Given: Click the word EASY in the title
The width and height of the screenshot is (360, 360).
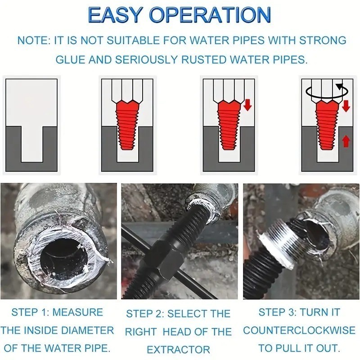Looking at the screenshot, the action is click(114, 15).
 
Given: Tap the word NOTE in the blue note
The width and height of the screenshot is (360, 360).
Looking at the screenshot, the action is click(32, 40).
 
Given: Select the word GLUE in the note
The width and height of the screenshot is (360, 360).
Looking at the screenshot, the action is click(70, 60).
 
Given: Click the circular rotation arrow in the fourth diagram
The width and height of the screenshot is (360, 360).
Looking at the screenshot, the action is click(327, 92).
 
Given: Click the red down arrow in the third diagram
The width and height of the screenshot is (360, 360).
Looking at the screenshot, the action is click(248, 105).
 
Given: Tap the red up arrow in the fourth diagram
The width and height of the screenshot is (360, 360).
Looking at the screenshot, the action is click(346, 141).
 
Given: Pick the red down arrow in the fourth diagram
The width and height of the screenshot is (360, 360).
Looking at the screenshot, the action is click(346, 106).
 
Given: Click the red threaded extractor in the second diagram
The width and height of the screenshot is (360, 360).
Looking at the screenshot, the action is click(127, 125).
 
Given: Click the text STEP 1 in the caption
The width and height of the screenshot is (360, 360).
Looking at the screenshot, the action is click(30, 312).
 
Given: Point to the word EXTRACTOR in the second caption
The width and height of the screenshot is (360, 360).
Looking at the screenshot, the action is click(178, 350).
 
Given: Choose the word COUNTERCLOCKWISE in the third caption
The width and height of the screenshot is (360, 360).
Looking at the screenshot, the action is click(299, 331).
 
